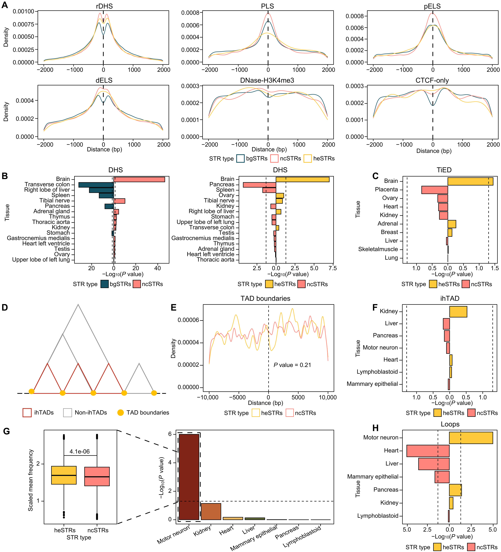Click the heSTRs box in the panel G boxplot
coord(64,475)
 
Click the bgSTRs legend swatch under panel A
coord(240,159)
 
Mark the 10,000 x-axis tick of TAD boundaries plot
coord(328,397)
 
